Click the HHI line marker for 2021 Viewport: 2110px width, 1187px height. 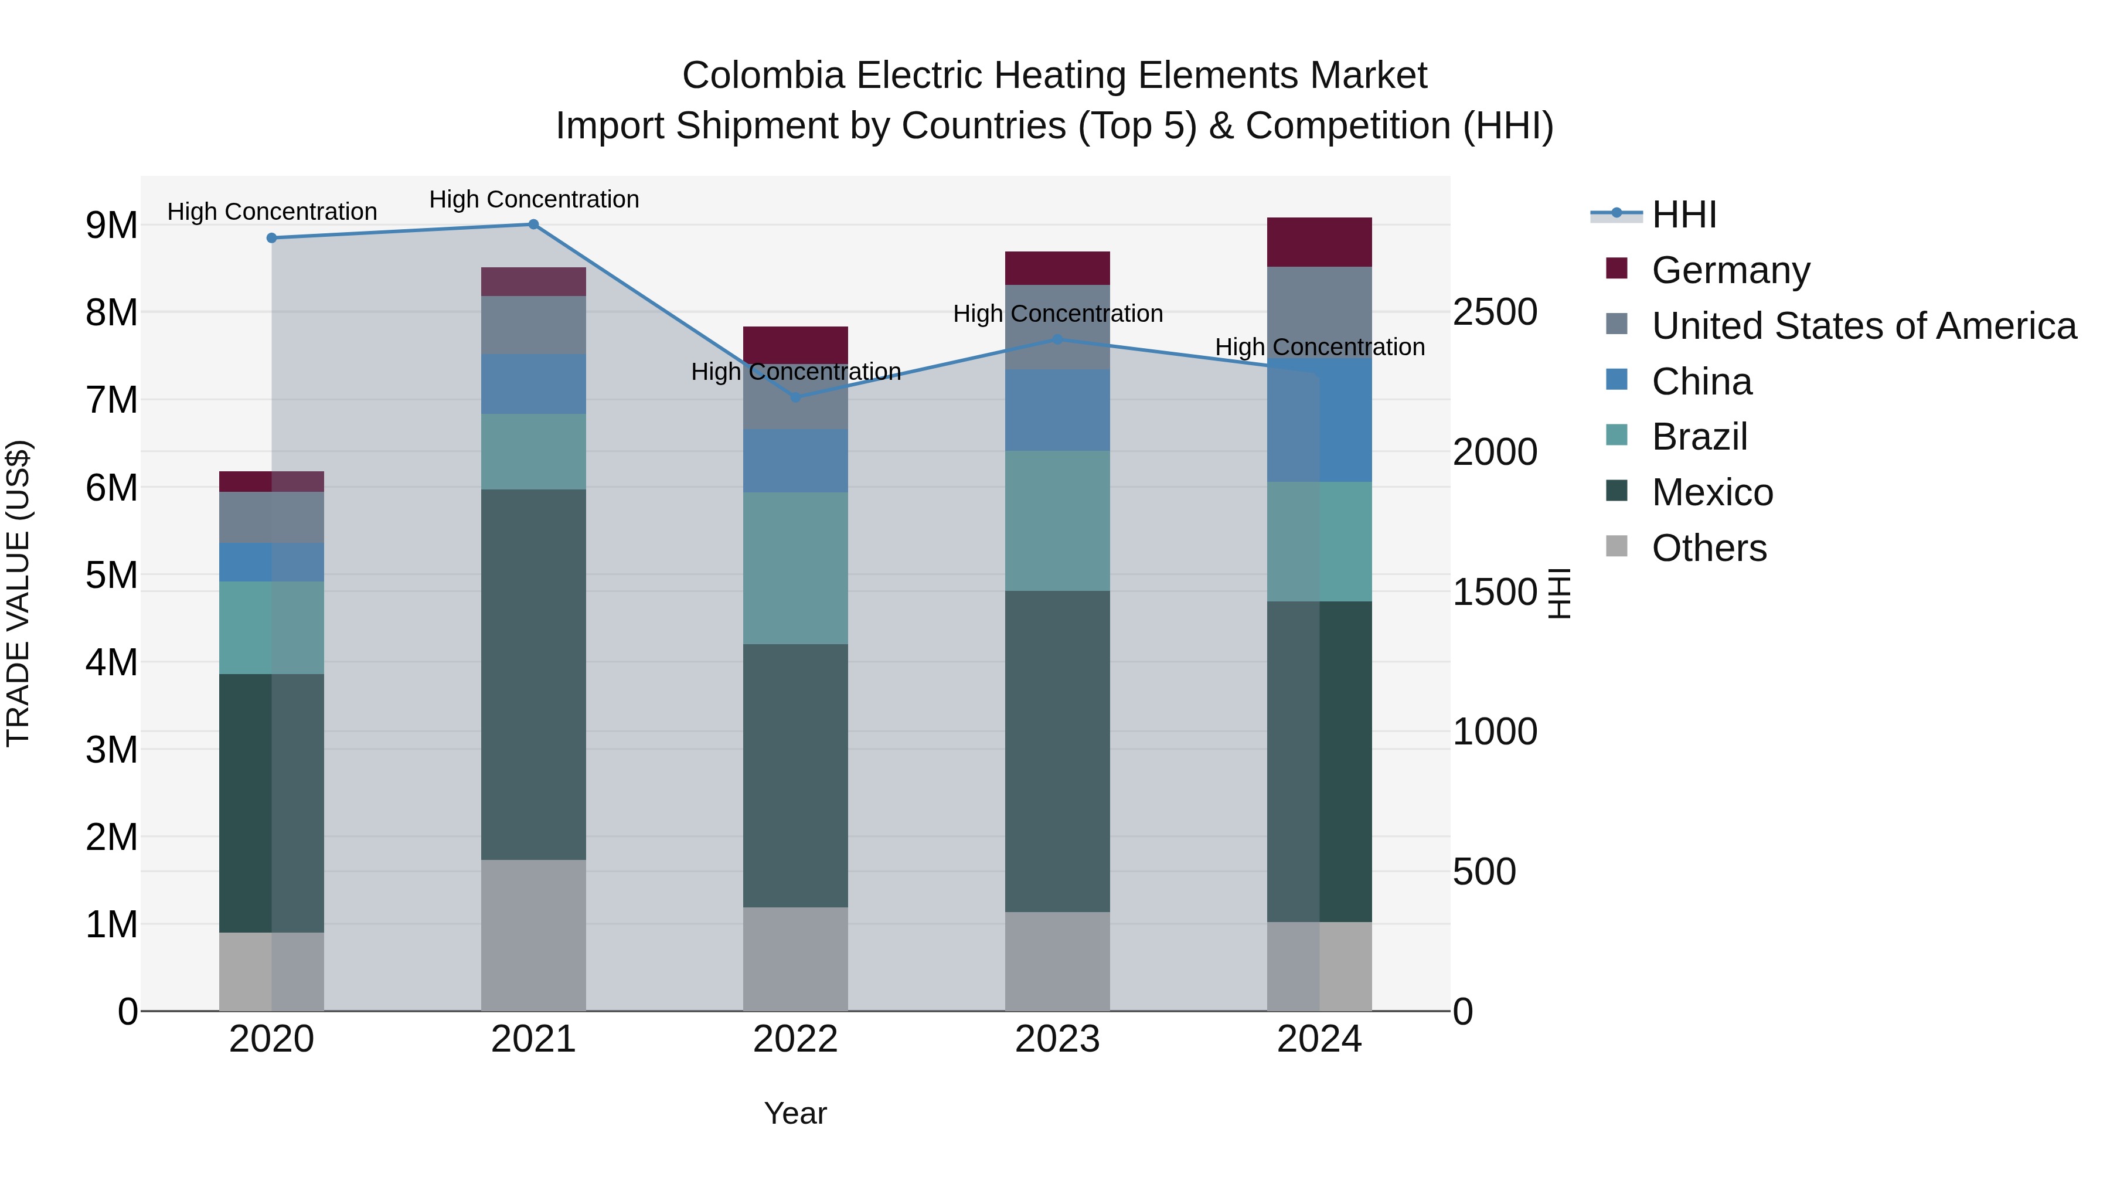point(533,225)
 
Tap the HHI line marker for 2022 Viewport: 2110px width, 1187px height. point(795,397)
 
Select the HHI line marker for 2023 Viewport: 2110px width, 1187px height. point(1057,339)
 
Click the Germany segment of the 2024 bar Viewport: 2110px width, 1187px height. point(1319,243)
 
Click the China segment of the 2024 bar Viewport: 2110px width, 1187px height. point(1319,420)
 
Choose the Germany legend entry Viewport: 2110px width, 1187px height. point(1730,270)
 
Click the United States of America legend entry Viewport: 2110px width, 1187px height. point(1863,326)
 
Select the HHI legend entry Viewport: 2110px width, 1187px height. point(1683,215)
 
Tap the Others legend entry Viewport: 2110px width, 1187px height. point(1709,548)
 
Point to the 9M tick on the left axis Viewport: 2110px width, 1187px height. point(111,225)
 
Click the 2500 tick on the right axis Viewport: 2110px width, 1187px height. point(1495,312)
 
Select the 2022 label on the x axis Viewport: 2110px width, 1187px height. point(795,1039)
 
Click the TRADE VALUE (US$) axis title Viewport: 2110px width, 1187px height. point(18,593)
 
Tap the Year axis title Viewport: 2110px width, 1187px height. point(795,1113)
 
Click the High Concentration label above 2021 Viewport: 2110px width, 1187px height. point(534,199)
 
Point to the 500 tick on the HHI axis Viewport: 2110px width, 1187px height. point(1483,872)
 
